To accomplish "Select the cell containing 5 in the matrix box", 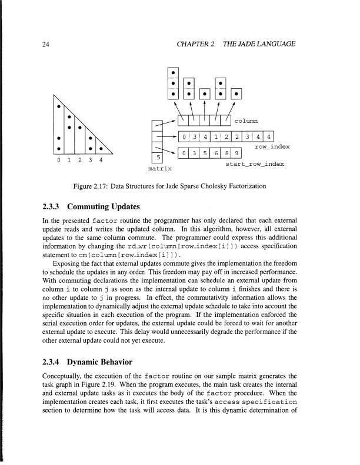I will [158, 157].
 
